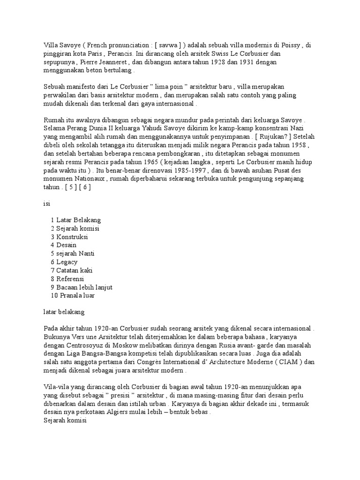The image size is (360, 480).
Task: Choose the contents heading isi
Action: pos(47,204)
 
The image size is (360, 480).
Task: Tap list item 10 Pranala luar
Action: pos(75,296)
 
